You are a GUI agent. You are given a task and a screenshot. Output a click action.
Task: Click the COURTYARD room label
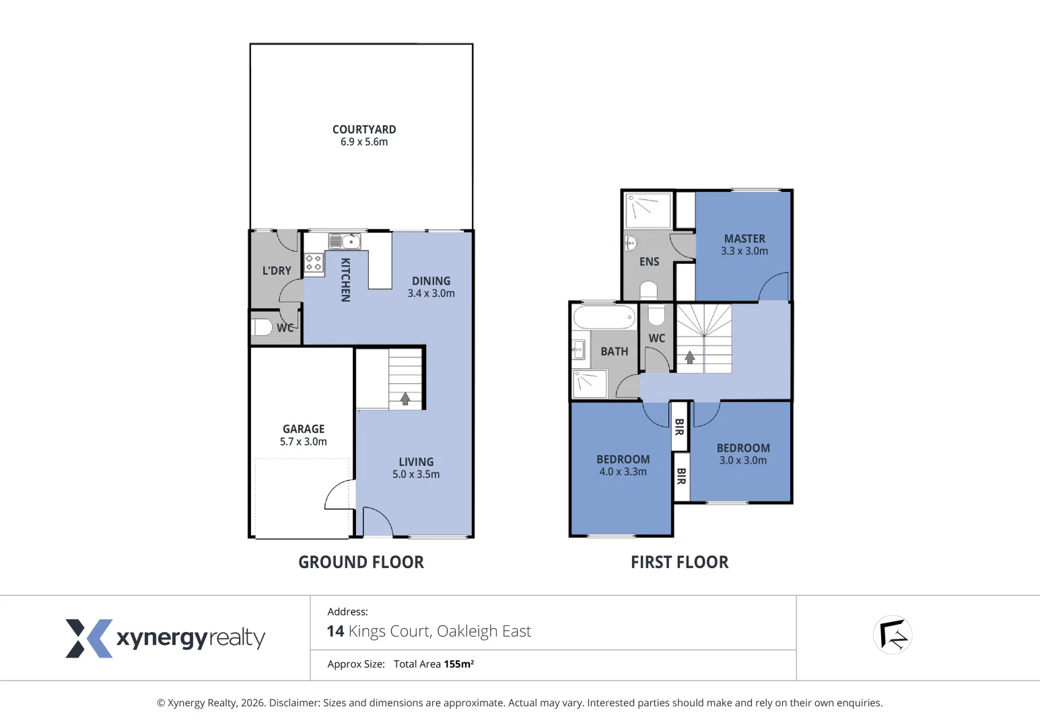[363, 129]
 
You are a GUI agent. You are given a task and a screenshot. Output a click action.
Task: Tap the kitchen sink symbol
[345, 241]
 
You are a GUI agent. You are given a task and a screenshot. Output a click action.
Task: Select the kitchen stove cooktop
[314, 263]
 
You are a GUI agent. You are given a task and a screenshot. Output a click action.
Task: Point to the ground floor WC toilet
[262, 327]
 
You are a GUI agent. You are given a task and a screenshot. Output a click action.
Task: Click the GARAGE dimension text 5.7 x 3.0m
[303, 442]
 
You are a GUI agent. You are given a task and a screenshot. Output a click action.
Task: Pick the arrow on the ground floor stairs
[405, 399]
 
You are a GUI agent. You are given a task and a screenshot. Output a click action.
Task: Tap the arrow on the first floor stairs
[689, 357]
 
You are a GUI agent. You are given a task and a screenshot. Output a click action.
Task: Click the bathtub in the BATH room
[604, 316]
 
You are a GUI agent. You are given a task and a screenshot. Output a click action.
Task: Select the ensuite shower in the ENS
[648, 210]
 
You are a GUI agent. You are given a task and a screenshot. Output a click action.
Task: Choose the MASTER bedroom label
[744, 239]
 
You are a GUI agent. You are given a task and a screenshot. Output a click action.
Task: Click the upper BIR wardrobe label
[679, 426]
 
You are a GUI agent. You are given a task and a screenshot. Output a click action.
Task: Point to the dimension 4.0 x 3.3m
[623, 472]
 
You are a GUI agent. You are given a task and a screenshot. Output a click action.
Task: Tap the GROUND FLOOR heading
[361, 562]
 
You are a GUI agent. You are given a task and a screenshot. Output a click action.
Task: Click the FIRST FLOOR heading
[679, 562]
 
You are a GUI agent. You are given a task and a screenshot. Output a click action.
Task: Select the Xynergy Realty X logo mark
[88, 638]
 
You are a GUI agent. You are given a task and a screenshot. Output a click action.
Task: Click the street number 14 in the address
[335, 631]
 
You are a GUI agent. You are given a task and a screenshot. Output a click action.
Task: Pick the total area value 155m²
[458, 664]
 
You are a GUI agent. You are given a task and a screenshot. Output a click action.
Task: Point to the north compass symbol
[893, 635]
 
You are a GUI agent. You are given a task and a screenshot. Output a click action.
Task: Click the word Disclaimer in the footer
[294, 703]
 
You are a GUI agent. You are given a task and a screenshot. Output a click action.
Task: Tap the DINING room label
[431, 281]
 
